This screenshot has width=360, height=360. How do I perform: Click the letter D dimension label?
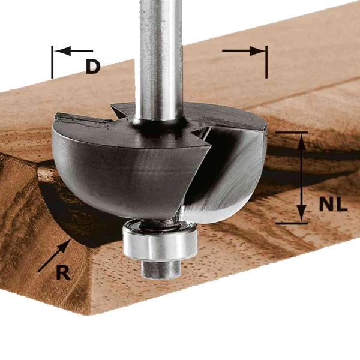pyautogui.click(x=92, y=66)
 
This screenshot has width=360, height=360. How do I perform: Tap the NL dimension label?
pyautogui.click(x=334, y=205)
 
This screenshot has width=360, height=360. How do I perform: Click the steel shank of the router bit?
pyautogui.click(x=160, y=60)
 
